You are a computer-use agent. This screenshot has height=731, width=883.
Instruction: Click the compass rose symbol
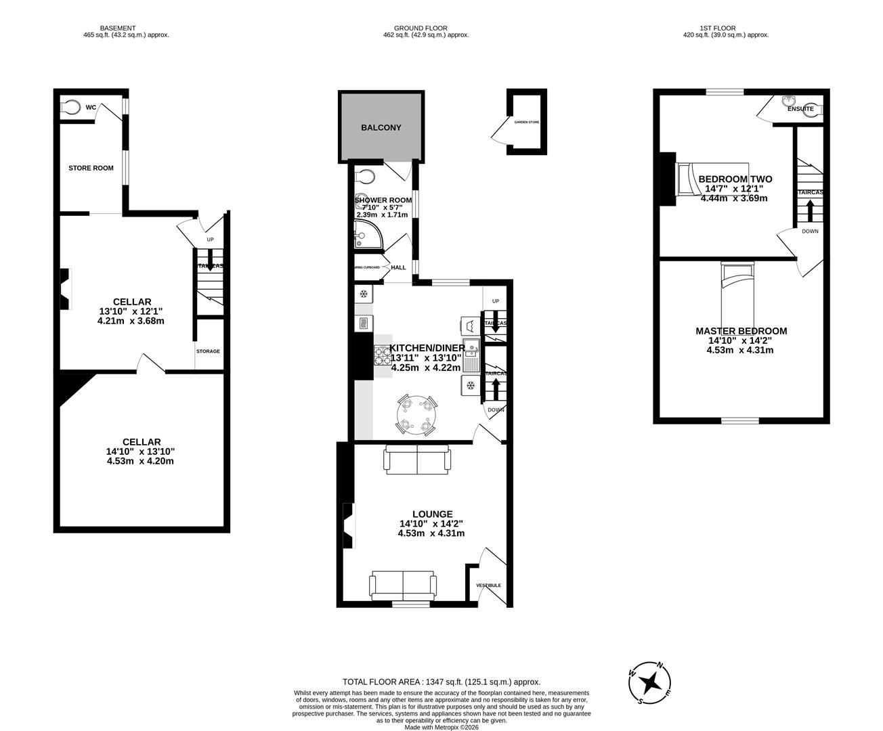pyautogui.click(x=651, y=682)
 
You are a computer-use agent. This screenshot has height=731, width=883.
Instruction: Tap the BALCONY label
pyautogui.click(x=381, y=127)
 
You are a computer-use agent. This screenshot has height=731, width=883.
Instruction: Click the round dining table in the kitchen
pyautogui.click(x=416, y=415)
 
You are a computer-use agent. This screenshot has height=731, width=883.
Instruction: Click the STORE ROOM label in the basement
pyautogui.click(x=91, y=168)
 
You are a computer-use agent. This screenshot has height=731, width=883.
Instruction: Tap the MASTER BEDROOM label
pyautogui.click(x=741, y=331)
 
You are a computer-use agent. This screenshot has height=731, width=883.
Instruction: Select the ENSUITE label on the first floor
pyautogui.click(x=800, y=108)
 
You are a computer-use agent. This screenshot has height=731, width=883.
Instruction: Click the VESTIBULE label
pyautogui.click(x=488, y=585)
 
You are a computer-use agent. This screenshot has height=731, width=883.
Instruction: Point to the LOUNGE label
pyautogui.click(x=431, y=514)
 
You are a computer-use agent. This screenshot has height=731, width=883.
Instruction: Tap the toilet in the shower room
pyautogui.click(x=366, y=177)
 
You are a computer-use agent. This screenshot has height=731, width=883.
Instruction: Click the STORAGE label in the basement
pyautogui.click(x=208, y=351)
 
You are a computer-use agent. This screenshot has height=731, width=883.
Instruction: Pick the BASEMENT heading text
pyautogui.click(x=118, y=28)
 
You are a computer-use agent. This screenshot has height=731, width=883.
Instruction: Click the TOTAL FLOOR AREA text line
pyautogui.click(x=441, y=682)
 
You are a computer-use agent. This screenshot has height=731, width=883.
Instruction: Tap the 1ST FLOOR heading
pyautogui.click(x=718, y=28)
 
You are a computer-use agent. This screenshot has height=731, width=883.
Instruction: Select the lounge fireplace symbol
pyautogui.click(x=348, y=525)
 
